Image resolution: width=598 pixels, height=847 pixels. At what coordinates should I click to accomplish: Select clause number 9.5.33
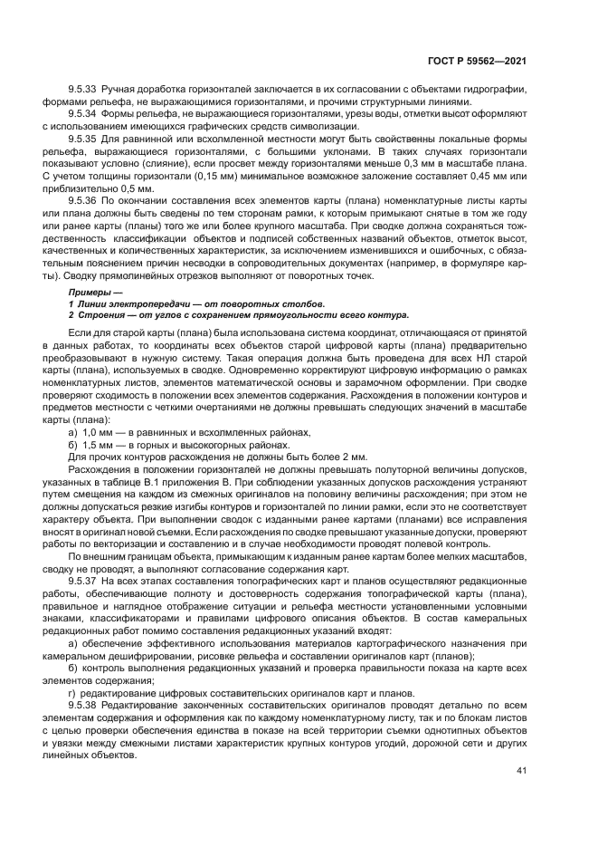tap(84, 90)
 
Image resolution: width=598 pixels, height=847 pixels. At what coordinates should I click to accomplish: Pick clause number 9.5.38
tap(84, 705)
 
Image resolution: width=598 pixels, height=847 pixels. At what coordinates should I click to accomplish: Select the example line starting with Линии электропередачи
tap(199, 303)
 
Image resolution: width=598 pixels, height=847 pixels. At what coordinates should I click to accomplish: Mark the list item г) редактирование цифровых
tap(235, 693)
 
